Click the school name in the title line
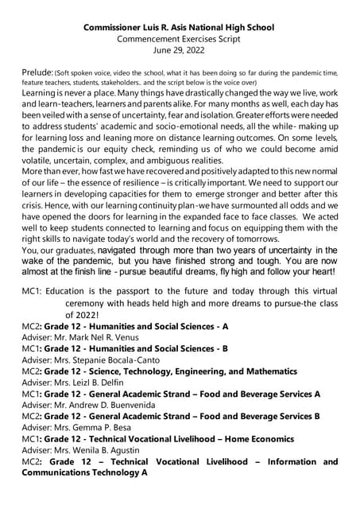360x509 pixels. coord(180,28)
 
